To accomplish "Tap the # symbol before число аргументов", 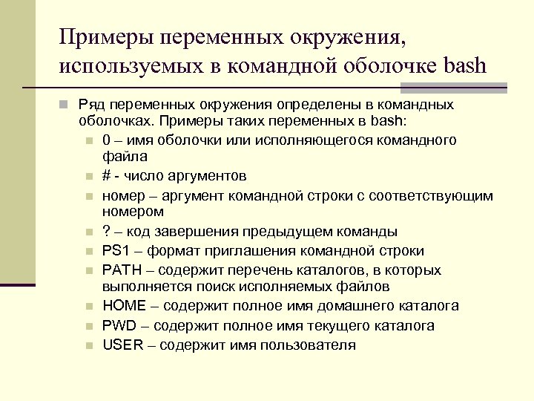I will point(107,176).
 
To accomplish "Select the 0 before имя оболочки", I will point(107,140).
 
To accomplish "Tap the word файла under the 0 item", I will point(125,157).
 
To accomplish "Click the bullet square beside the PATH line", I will point(89,271).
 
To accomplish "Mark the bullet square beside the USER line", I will point(89,345).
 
